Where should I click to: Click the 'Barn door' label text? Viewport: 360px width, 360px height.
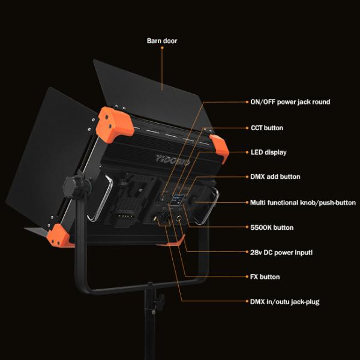(x=162, y=41)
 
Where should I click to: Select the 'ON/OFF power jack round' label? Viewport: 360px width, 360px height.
(x=290, y=102)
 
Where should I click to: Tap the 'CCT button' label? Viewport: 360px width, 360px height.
(x=266, y=128)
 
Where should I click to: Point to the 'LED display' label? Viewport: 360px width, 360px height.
(x=268, y=152)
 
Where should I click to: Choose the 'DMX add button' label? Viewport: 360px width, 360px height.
(x=275, y=177)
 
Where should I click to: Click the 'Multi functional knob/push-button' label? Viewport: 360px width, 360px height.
(x=302, y=203)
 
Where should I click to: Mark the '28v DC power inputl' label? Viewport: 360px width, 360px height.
(x=281, y=253)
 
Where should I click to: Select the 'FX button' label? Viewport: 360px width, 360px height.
(x=265, y=277)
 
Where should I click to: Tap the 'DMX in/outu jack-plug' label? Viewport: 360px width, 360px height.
(x=284, y=302)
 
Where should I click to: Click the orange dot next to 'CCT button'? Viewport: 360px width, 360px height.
(x=246, y=128)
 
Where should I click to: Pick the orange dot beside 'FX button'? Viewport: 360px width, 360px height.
(x=246, y=277)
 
